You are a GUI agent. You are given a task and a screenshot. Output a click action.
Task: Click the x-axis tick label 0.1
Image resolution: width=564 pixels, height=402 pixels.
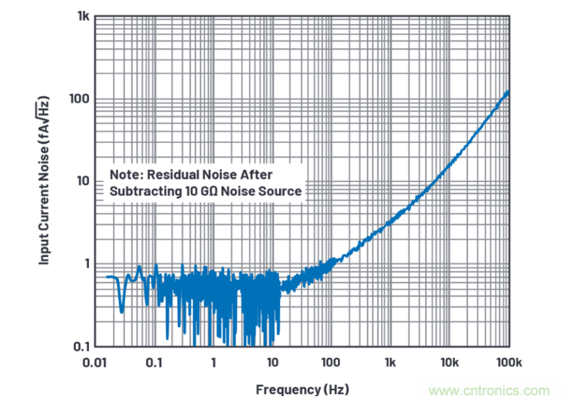[153, 362]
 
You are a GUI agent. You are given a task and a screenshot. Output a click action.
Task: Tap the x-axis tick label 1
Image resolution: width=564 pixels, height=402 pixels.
[213, 362]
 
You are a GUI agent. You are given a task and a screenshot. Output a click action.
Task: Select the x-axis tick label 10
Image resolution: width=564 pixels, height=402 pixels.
[272, 362]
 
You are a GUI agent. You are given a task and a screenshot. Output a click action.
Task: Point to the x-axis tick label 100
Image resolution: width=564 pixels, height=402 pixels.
[331, 362]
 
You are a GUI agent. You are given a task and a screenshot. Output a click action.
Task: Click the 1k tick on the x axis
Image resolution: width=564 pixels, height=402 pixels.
[391, 362]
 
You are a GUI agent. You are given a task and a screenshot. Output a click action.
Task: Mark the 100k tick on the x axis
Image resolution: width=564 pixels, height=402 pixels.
[508, 362]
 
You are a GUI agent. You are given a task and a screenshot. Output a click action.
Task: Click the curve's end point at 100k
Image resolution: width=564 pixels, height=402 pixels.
[508, 92]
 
